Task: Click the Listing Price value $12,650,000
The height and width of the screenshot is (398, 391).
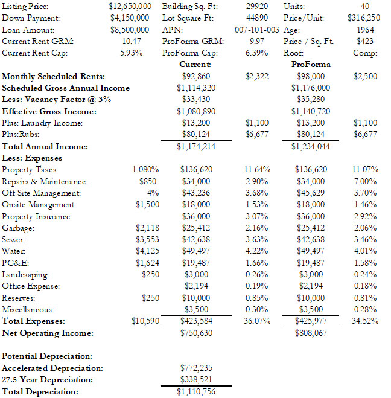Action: pos(129,6)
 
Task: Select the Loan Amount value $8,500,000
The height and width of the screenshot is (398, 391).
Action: pos(130,29)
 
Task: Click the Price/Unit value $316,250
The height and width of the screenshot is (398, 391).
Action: pos(364,18)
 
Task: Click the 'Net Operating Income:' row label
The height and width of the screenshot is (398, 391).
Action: pos(48,333)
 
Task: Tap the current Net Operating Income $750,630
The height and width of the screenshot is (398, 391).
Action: pos(195,333)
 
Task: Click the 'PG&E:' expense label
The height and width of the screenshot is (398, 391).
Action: pos(15,263)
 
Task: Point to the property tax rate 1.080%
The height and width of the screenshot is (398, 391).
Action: pos(145,170)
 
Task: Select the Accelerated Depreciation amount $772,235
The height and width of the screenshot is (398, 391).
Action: pos(195,368)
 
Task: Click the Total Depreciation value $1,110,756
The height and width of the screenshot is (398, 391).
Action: pos(195,391)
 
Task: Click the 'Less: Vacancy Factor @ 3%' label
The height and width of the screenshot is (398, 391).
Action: pos(57,99)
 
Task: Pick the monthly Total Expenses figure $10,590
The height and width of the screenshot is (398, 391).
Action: pos(145,321)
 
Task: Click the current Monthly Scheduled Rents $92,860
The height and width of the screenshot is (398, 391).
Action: pos(195,76)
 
